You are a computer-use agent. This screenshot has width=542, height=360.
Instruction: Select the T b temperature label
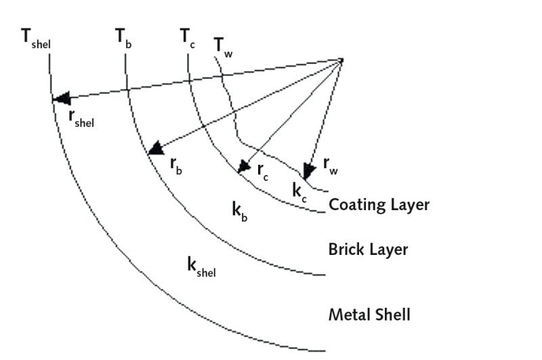point(123,38)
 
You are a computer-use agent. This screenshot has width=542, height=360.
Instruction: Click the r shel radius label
point(82,118)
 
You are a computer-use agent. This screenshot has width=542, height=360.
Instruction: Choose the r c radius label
point(263,171)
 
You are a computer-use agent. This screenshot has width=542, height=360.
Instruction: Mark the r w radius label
point(329,163)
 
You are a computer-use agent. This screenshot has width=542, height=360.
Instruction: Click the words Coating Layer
point(379,205)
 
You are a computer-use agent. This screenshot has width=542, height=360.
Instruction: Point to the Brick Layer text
point(368,249)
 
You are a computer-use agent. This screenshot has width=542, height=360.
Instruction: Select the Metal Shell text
point(369,315)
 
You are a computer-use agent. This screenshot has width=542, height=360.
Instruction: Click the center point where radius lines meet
point(341,60)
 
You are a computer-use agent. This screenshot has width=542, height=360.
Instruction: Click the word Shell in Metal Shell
point(392,315)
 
